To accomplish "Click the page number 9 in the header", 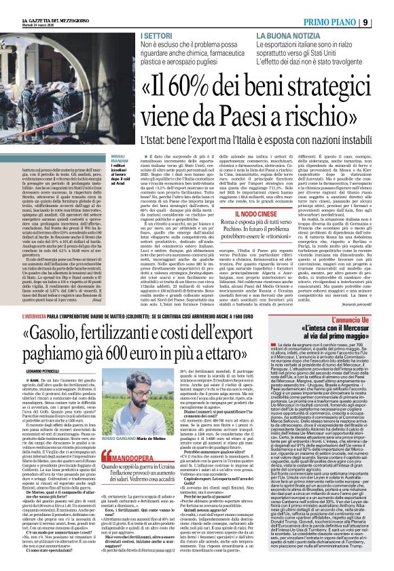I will coord(385,6).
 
